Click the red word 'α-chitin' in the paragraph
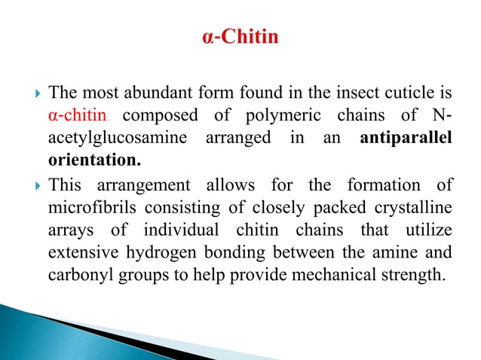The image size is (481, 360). (78, 117)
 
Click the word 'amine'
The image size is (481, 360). (397, 252)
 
